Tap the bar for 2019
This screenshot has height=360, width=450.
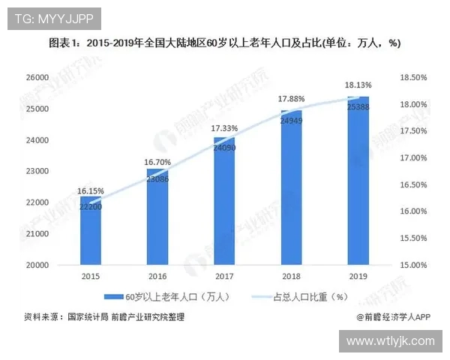(358, 181)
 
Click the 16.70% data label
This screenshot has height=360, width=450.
(158, 161)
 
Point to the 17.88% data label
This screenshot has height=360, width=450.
(291, 99)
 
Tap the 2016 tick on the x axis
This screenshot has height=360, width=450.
(157, 276)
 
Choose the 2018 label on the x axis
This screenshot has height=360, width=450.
(291, 276)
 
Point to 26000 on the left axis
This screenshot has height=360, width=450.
(37, 77)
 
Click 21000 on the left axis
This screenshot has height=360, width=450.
(37, 234)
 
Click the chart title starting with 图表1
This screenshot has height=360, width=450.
(225, 43)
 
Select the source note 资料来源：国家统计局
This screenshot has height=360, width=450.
(104, 317)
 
